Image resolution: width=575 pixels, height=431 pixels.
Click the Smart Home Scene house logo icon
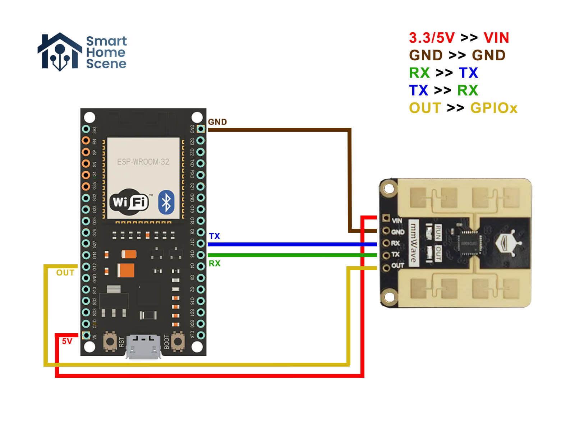point(60,52)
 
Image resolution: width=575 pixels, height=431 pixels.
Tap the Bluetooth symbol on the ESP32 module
point(166,202)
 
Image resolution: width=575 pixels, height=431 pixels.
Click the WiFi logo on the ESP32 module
point(129,202)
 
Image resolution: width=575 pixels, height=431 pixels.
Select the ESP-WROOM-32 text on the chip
point(143,162)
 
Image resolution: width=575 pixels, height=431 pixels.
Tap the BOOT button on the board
point(178,342)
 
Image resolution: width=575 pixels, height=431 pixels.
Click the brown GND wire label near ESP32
point(217,122)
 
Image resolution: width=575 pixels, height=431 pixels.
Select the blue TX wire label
point(215,236)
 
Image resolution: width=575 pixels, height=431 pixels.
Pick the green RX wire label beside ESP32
point(215,263)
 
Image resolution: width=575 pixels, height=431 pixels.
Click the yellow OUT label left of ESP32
point(65,273)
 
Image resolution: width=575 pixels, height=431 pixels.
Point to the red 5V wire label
point(67,341)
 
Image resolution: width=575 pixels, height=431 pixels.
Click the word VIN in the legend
point(496,38)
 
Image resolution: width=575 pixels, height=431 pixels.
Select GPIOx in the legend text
point(493,108)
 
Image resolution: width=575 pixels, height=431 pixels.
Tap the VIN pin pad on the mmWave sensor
point(386,218)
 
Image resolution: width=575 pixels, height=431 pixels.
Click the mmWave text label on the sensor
point(414,243)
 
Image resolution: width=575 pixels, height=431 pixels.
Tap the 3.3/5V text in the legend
point(432,38)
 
